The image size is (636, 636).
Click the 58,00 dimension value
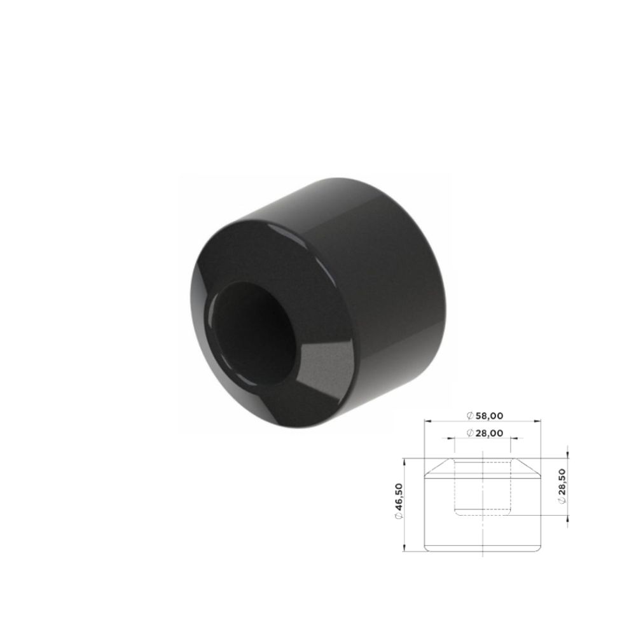(489, 416)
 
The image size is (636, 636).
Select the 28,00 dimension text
(489, 433)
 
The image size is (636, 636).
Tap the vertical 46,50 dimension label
(398, 496)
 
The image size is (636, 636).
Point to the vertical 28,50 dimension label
(562, 482)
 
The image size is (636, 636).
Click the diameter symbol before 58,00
(470, 416)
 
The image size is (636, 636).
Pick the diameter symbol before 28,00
(470, 433)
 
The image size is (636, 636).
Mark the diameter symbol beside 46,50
(398, 515)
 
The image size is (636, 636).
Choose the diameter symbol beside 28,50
(562, 501)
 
